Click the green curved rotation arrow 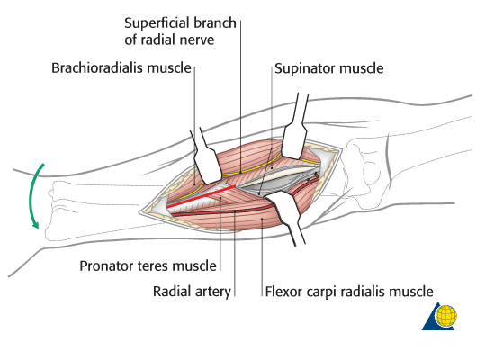(x=31, y=195)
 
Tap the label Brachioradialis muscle (x=121, y=67)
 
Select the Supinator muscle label (x=328, y=68)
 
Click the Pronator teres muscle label (x=148, y=265)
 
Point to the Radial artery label (x=192, y=292)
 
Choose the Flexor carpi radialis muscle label (x=349, y=292)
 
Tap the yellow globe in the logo (x=446, y=316)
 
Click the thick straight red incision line (x=202, y=196)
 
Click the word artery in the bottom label (x=213, y=292)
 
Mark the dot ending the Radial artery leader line (x=235, y=211)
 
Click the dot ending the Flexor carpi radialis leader (x=262, y=220)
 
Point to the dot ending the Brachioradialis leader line (x=194, y=184)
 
